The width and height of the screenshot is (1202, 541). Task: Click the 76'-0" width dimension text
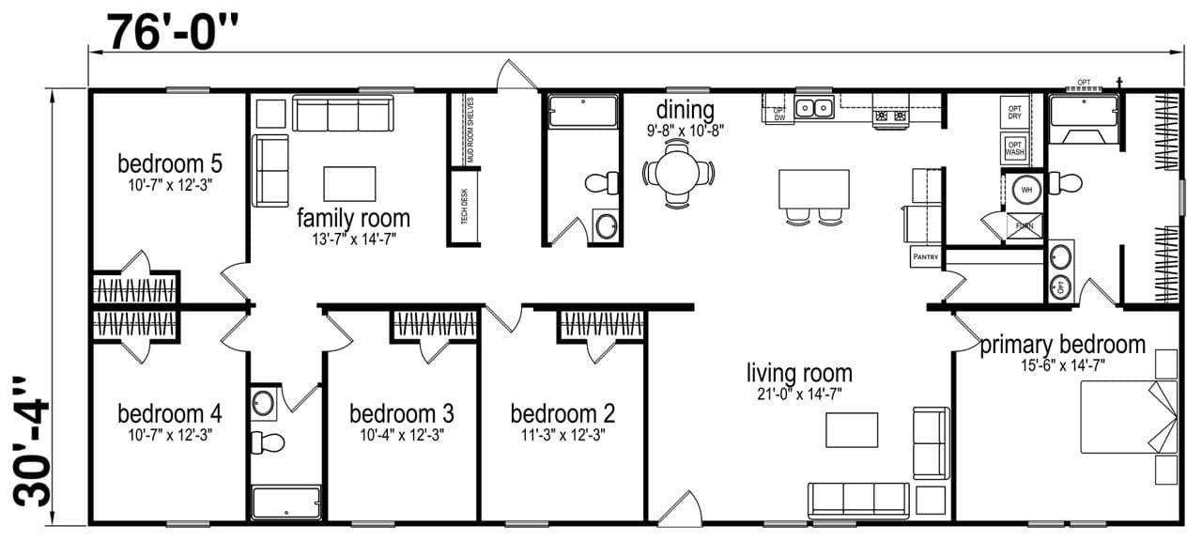(x=174, y=33)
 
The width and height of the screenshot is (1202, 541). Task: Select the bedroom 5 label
(x=170, y=163)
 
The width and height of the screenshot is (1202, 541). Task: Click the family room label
(x=353, y=219)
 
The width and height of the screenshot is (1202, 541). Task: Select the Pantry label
(x=924, y=256)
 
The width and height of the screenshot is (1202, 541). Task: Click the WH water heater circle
(x=1025, y=189)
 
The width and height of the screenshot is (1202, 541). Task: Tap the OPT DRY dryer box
(x=1015, y=112)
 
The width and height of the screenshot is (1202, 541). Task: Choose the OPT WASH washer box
(x=1015, y=148)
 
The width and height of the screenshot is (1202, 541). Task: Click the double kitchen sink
(x=814, y=108)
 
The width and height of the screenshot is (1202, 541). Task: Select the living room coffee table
(x=852, y=429)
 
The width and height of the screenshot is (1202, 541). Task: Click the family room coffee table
(x=349, y=183)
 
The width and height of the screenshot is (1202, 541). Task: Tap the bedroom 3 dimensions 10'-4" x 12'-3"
(x=402, y=435)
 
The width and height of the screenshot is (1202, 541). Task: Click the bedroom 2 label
(x=562, y=413)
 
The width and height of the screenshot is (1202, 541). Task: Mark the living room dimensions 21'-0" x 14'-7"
(x=799, y=394)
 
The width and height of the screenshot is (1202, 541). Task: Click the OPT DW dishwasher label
(x=778, y=114)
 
